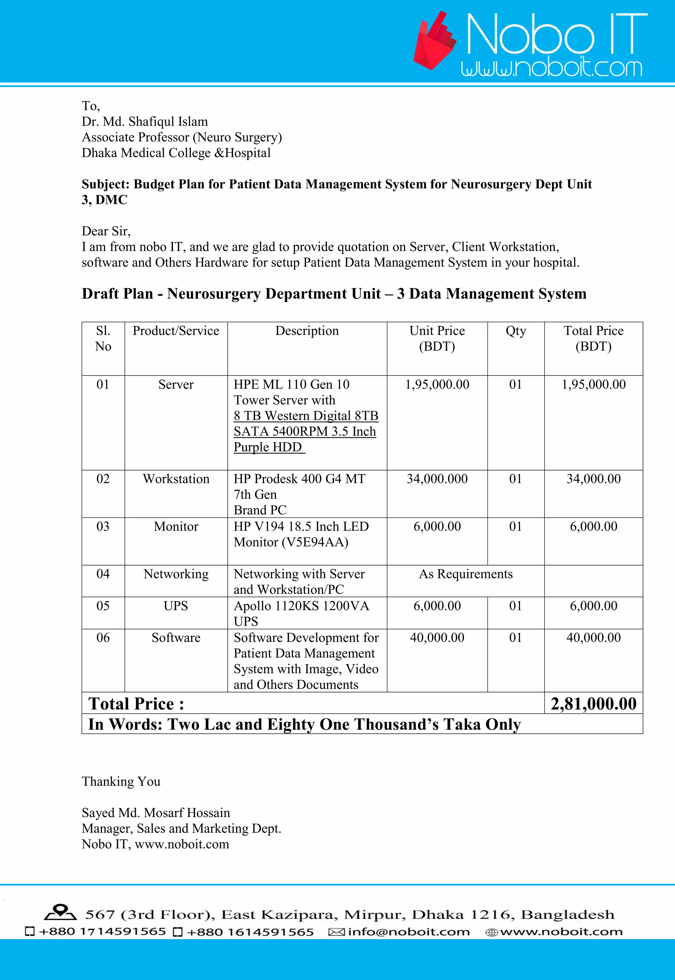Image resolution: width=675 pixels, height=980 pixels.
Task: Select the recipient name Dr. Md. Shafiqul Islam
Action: click(x=145, y=121)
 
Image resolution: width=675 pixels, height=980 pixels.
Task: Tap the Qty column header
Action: click(x=515, y=331)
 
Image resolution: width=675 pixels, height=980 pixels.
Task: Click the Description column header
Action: click(x=307, y=331)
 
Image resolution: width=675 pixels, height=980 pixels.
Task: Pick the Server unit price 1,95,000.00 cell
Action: click(x=437, y=384)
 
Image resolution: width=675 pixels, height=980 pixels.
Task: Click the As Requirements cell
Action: click(x=466, y=574)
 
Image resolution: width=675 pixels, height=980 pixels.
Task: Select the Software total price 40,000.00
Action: click(x=593, y=637)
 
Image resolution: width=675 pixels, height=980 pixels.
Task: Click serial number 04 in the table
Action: click(x=103, y=574)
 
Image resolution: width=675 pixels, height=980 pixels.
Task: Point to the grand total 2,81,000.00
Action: click(x=593, y=704)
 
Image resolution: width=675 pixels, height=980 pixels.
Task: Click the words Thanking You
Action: click(x=121, y=781)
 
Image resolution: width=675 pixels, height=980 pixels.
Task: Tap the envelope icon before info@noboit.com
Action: click(x=336, y=932)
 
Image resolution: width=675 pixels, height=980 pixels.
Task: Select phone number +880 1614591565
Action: click(x=250, y=932)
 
